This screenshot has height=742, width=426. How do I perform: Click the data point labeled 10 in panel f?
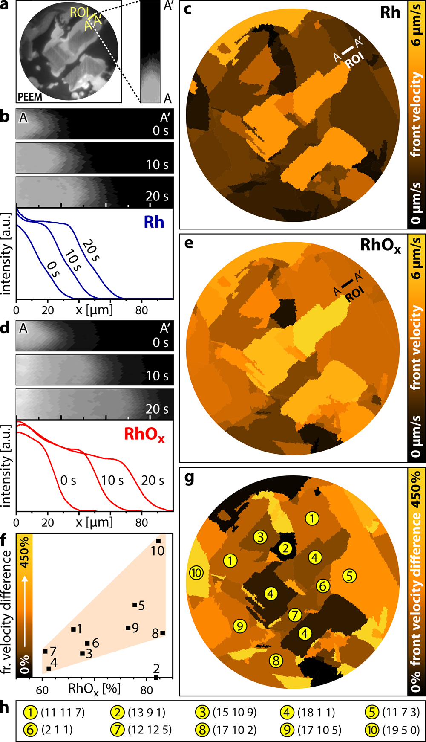tap(158, 541)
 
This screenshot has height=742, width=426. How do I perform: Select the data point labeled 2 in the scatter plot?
tap(156, 677)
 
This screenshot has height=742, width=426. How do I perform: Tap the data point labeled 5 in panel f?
tap(135, 605)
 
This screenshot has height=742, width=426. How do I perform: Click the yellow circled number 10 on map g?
tap(196, 573)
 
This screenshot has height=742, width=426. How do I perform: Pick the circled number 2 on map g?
tap(285, 548)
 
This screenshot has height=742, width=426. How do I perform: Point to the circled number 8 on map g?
tap(276, 661)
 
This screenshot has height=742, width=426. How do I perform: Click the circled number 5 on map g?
tap(349, 576)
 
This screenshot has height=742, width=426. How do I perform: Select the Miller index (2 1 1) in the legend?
tap(57, 730)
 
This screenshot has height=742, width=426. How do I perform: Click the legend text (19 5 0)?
tap(401, 730)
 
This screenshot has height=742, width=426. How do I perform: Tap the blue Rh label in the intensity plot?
tap(154, 222)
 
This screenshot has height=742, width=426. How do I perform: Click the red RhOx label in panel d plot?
tap(144, 434)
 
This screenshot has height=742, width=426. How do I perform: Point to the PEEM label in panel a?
tap(30, 97)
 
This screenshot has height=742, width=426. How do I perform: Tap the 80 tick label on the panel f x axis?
tap(147, 690)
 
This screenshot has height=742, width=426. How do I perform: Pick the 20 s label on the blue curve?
tap(90, 252)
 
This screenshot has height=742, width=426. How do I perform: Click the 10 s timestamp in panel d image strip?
tap(157, 376)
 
